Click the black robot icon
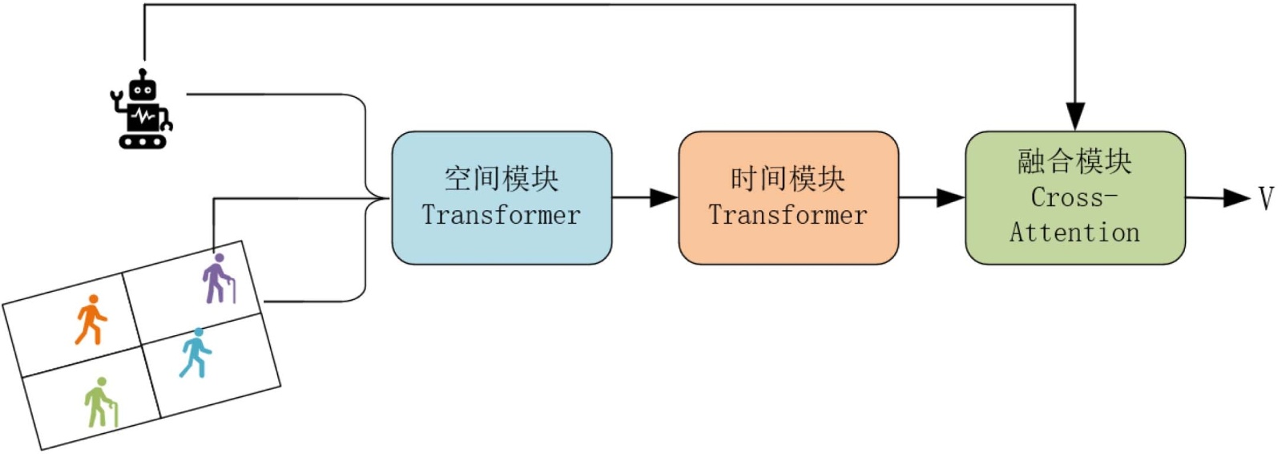pyautogui.click(x=142, y=111)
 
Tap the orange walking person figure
pyautogui.click(x=91, y=320)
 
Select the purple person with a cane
pyautogui.click(x=218, y=279)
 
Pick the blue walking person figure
pyautogui.click(x=195, y=353)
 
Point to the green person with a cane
pyautogui.click(x=100, y=403)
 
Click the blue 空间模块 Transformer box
pyautogui.click(x=502, y=197)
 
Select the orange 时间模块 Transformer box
pyautogui.click(x=788, y=197)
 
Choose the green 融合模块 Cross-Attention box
pyautogui.click(x=1074, y=197)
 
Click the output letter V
pyautogui.click(x=1266, y=197)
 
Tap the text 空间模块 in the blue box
pyautogui.click(x=502, y=179)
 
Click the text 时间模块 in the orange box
pyautogui.click(x=788, y=179)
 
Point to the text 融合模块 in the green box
pyautogui.click(x=1074, y=161)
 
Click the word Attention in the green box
pyautogui.click(x=1074, y=233)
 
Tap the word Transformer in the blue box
pyautogui.click(x=502, y=215)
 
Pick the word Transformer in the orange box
pyautogui.click(x=788, y=215)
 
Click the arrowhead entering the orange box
pyautogui.click(x=664, y=197)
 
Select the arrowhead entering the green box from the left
pyautogui.click(x=951, y=197)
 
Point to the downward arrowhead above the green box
pyautogui.click(x=1074, y=116)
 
